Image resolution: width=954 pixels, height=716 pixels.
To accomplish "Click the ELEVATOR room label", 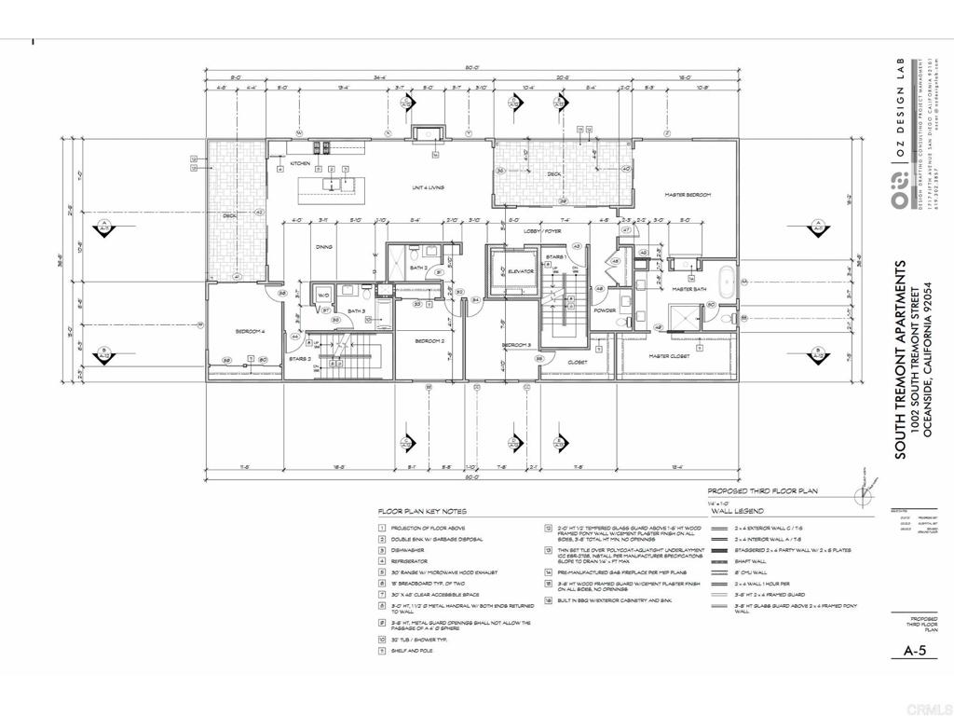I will [x=520, y=271].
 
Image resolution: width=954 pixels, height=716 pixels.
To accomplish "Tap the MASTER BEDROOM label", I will [x=688, y=195].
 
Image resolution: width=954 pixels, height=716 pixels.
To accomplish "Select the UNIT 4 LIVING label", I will [x=429, y=187].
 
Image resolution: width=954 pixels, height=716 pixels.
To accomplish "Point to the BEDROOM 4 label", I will [x=249, y=331].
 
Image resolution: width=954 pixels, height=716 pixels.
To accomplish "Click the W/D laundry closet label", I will [x=324, y=296].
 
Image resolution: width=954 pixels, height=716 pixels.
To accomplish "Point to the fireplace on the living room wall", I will [x=429, y=133].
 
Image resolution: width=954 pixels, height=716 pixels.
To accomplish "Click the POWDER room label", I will [x=603, y=311].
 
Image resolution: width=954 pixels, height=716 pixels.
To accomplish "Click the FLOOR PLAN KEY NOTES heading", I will [x=422, y=512].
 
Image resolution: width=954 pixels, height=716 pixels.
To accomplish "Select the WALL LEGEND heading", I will [x=738, y=512].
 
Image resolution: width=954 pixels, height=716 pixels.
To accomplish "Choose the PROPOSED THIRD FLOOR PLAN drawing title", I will [x=761, y=490].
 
